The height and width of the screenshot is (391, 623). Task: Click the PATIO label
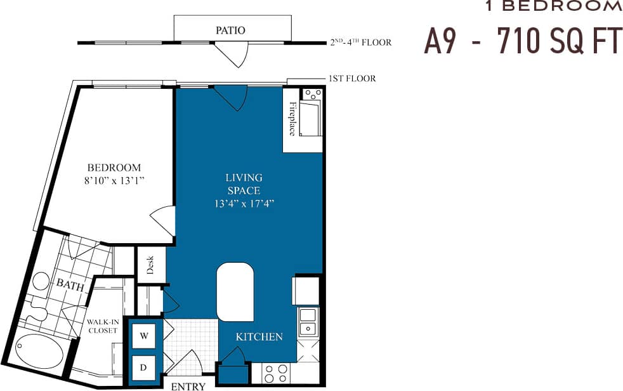pyautogui.click(x=230, y=30)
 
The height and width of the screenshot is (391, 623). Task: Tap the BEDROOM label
pyautogui.click(x=114, y=168)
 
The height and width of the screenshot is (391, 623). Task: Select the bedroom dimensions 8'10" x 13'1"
pyautogui.click(x=114, y=180)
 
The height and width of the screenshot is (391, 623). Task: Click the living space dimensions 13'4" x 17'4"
pyautogui.click(x=244, y=204)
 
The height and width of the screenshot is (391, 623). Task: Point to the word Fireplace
pyautogui.click(x=293, y=119)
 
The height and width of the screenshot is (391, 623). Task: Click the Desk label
pyautogui.click(x=150, y=265)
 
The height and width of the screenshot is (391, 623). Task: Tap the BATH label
pyautogui.click(x=70, y=285)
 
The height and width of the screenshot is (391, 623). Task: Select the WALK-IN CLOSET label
pyautogui.click(x=103, y=326)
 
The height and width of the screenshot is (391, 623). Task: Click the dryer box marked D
pyautogui.click(x=143, y=367)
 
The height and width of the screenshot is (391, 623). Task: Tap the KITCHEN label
pyautogui.click(x=259, y=336)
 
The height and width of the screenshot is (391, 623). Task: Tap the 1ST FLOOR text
pyautogui.click(x=352, y=79)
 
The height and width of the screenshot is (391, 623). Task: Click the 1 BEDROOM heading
pyautogui.click(x=553, y=6)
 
